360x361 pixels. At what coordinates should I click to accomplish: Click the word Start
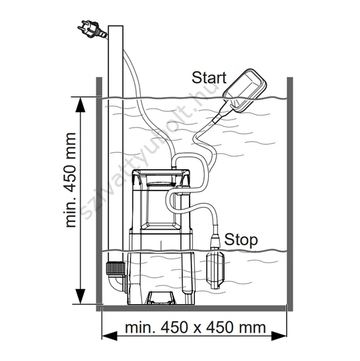209,77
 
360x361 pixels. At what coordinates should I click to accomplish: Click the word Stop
241,239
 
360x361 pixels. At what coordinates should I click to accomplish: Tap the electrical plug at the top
92,30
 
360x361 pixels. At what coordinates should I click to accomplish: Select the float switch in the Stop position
215,269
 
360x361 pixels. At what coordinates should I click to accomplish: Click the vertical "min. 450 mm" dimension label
71,180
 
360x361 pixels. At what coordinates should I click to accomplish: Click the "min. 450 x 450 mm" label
196,327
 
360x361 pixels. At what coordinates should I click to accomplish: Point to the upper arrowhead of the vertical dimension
81,104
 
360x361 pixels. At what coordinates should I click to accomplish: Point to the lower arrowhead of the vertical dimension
81,296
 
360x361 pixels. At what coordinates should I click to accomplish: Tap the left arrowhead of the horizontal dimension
110,336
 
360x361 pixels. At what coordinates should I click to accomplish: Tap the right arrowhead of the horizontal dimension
279,336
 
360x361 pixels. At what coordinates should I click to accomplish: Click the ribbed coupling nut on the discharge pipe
115,268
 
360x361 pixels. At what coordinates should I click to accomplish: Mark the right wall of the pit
290,194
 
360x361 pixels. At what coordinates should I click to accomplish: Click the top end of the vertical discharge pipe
116,26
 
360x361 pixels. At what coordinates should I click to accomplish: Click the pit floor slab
194,308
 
